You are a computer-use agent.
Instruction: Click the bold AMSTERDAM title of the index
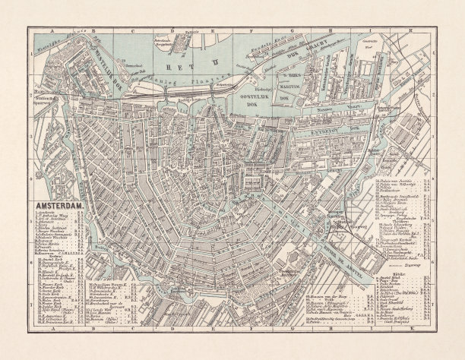(x=60, y=206)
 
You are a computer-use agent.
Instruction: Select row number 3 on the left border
(x=33, y=143)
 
